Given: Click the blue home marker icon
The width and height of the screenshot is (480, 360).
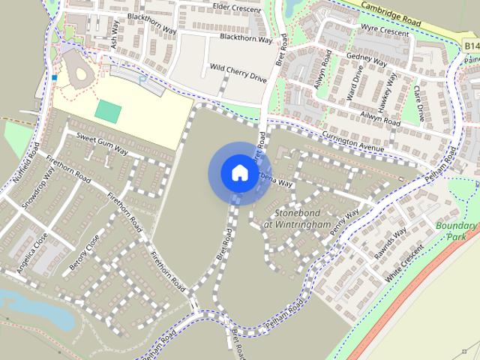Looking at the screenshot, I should (239, 172).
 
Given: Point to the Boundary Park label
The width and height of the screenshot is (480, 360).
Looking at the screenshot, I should (457, 230).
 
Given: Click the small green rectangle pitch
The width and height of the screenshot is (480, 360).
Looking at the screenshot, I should (108, 112).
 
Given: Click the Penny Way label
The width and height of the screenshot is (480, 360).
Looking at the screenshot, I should (343, 223).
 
